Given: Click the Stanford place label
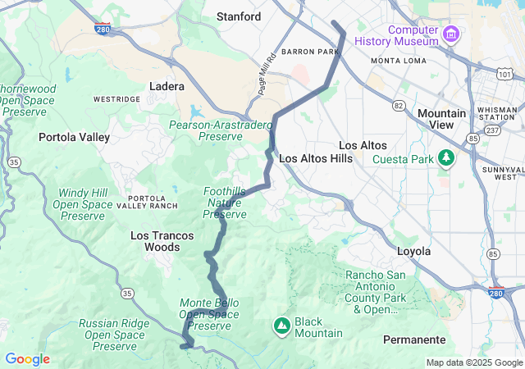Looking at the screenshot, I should point(238,16).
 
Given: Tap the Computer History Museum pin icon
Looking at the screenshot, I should point(450,34).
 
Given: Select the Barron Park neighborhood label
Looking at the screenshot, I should point(310,52).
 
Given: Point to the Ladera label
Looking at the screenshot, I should point(167,86).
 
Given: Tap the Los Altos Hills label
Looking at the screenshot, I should point(316,158).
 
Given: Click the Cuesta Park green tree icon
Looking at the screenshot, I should point(446,157).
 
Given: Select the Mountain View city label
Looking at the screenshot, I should point(441,118).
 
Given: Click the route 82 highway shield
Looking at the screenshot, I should point(399,105).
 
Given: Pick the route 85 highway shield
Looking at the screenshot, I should point(493,253).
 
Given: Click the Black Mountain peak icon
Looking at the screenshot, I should point(282,326).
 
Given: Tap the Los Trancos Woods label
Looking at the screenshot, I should point(162,241).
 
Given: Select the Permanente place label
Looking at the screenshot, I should point(414,339).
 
